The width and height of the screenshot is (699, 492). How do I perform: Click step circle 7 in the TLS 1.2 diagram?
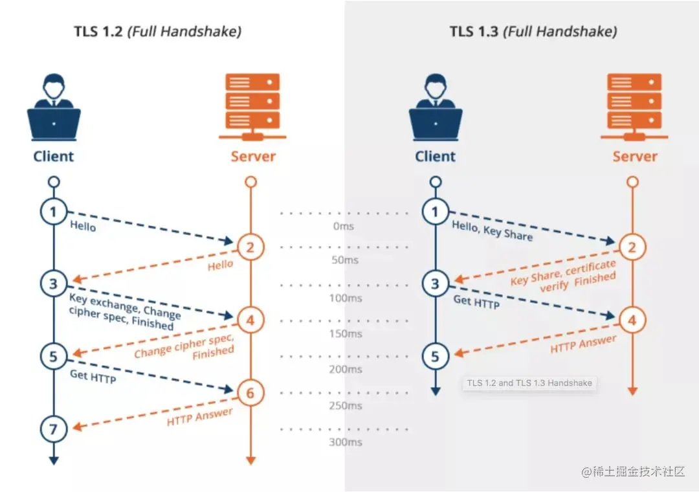coord(53,428)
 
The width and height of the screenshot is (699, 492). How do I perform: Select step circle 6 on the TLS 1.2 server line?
coord(251,392)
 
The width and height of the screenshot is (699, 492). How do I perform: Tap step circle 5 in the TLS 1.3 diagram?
coord(435,356)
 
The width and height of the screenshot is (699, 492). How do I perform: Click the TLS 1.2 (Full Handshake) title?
coord(158,31)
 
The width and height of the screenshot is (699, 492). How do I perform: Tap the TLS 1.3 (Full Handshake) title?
coord(533,31)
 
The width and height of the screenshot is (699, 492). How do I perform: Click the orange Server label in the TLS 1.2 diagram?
coord(253,156)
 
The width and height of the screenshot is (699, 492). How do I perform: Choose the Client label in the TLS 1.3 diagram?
coord(435,156)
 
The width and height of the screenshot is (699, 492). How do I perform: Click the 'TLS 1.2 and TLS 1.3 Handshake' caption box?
coord(529,383)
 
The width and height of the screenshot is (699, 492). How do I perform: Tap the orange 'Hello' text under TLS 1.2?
coord(220,265)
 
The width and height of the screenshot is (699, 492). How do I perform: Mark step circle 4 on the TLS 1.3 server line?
coord(632,319)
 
